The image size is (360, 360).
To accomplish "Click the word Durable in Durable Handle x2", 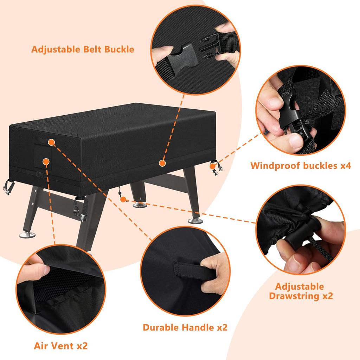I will (x=160, y=327).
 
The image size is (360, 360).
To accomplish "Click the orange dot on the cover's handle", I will (x=51, y=142).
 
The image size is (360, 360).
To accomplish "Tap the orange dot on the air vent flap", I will (x=45, y=161).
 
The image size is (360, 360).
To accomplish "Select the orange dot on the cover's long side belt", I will (x=162, y=163).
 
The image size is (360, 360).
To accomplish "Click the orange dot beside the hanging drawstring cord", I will (x=123, y=199).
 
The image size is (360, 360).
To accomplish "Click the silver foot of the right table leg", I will (x=193, y=220).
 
